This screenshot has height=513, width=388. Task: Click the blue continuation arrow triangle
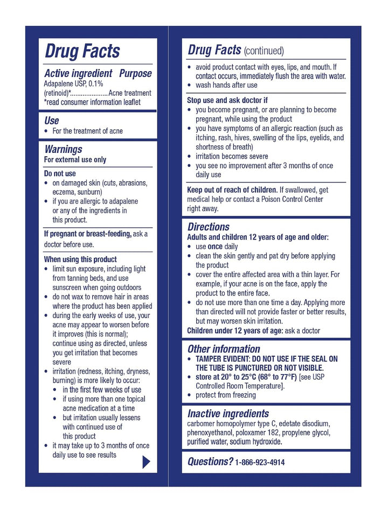point(145,462)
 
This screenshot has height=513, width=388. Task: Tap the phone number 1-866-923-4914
point(260,462)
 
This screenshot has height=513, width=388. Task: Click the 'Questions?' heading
point(210,461)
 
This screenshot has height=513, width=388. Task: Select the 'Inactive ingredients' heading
point(228,413)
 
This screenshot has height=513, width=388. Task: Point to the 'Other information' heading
point(224,349)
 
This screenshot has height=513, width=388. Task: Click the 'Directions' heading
point(209,227)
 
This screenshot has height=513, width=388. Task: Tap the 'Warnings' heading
point(63,149)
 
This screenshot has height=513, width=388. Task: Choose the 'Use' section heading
point(52,121)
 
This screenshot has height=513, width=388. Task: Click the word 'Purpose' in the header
point(135,73)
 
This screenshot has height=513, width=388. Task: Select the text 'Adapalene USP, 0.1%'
point(73,84)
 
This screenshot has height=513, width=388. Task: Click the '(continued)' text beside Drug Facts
point(264,51)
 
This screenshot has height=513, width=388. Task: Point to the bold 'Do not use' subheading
point(60,174)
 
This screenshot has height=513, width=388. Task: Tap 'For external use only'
point(75,159)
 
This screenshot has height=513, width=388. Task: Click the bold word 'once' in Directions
point(216,247)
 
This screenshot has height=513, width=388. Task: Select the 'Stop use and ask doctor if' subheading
point(227,100)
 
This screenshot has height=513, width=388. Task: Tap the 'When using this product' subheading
point(80,259)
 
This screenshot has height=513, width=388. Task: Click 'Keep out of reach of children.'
point(232,189)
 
